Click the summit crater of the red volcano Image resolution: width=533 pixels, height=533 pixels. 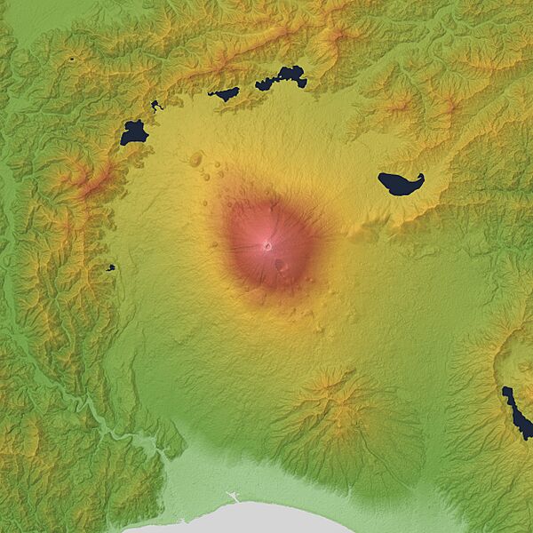(267, 246)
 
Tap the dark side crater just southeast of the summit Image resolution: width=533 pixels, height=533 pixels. (279, 264)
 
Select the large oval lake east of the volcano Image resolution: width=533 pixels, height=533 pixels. (399, 184)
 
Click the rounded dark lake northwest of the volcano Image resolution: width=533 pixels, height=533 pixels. (133, 132)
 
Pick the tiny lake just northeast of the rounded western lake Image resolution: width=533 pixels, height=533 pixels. (156, 106)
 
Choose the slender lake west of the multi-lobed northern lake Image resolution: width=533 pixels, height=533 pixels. (224, 93)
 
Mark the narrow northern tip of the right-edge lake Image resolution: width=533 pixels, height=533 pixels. (505, 390)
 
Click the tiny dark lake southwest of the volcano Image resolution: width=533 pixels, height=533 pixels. (110, 266)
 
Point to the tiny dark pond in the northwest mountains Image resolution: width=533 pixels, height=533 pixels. (70, 59)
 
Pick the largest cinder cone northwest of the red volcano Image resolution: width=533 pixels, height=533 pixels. (195, 159)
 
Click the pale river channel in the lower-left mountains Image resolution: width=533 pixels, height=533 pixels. (98, 418)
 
